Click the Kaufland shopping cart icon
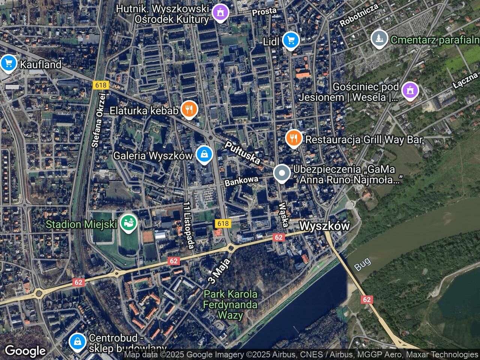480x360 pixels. coord(8,63)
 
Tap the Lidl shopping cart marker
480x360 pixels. coord(291,40)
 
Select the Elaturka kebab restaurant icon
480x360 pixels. coord(189,109)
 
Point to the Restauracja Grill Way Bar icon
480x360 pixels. coord(294,139)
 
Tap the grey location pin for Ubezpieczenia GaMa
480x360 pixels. coord(282,174)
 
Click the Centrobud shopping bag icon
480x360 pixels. coord(78,341)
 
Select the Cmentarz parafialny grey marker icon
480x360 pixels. coord(379,39)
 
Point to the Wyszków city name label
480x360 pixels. coord(325,226)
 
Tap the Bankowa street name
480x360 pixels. coord(241,181)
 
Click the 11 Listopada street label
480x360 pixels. coord(188,225)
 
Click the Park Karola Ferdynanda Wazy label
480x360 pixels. coord(230,304)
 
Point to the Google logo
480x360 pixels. coord(25,351)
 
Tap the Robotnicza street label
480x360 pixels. coord(358,16)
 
